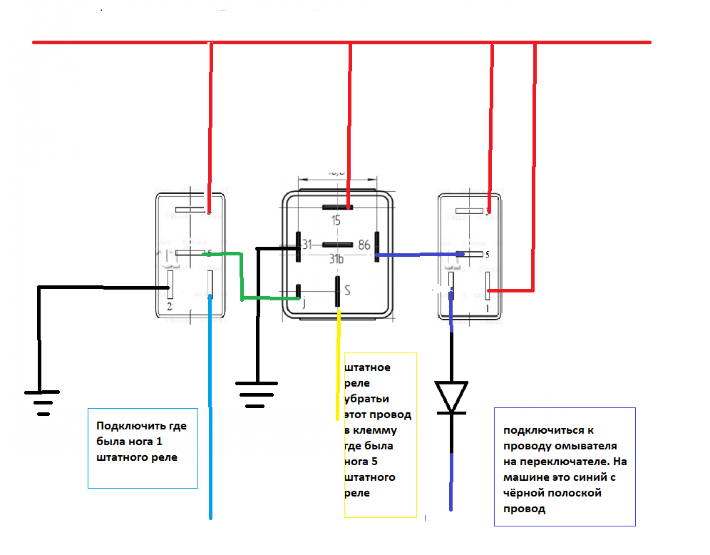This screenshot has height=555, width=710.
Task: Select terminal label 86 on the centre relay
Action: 364,244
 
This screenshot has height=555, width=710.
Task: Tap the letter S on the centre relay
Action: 347,290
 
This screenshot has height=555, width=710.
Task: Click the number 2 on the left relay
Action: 169,307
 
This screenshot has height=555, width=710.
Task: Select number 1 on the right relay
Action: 488,308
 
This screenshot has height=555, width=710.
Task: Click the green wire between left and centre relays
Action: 242,275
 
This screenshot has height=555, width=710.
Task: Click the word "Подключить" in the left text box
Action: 125,426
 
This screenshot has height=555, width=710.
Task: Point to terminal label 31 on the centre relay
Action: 307,245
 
